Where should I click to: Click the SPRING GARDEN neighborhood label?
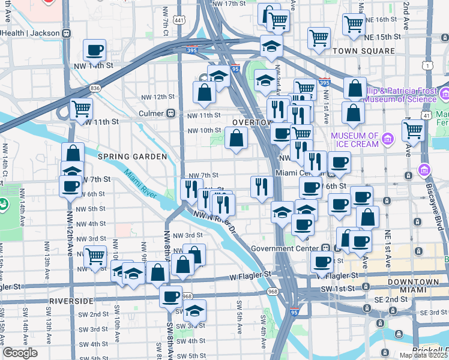coord(132,157)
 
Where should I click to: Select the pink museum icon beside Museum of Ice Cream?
coord(387,140)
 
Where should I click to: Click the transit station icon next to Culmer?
coord(171,113)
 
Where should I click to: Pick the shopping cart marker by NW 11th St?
coord(81,110)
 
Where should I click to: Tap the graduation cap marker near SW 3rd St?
coord(194,311)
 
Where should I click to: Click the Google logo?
coord(20,353)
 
